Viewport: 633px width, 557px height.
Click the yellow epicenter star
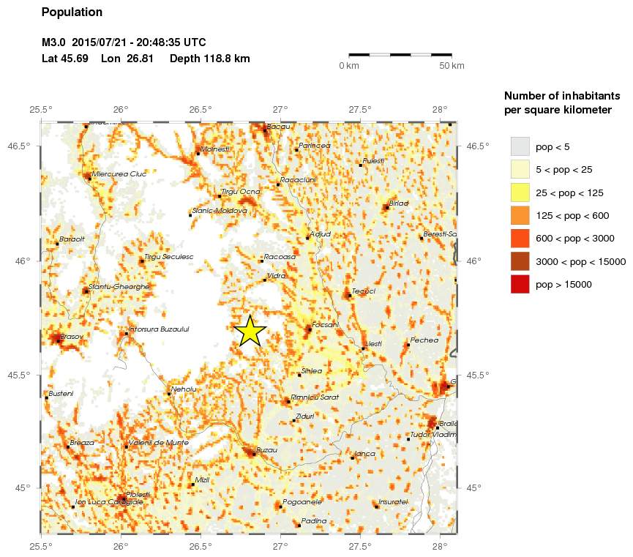pyautogui.click(x=250, y=331)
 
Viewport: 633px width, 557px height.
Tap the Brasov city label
pyautogui.click(x=72, y=337)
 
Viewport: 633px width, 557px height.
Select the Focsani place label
pyautogui.click(x=325, y=324)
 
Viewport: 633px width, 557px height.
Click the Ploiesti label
pyautogui.click(x=138, y=495)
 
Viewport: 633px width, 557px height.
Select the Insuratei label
pyautogui.click(x=393, y=501)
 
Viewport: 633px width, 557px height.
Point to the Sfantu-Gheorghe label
pyautogui.click(x=119, y=286)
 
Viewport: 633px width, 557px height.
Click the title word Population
pyautogui.click(x=72, y=12)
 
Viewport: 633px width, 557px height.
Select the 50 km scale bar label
pyautogui.click(x=452, y=66)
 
